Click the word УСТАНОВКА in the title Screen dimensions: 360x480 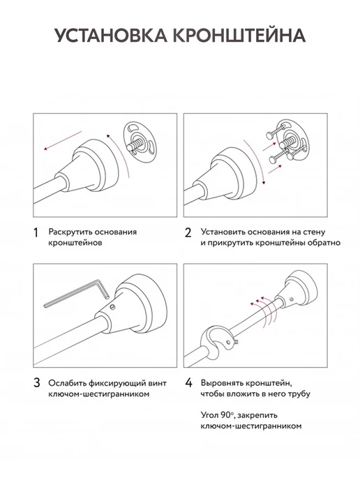click(x=111, y=36)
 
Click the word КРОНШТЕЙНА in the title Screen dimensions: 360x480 click(x=239, y=36)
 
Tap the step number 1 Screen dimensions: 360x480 click(x=36, y=232)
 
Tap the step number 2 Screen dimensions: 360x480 click(x=188, y=232)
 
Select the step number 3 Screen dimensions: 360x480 click(x=37, y=383)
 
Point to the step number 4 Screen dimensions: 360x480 click(x=188, y=383)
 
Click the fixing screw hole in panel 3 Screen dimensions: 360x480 click(x=113, y=306)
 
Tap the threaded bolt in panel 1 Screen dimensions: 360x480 click(x=137, y=143)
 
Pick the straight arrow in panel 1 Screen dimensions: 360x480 click(x=63, y=140)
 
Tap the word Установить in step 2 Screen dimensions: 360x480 click(x=223, y=232)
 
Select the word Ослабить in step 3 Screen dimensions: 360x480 click(x=66, y=382)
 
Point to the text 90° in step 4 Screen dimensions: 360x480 click(x=227, y=415)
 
